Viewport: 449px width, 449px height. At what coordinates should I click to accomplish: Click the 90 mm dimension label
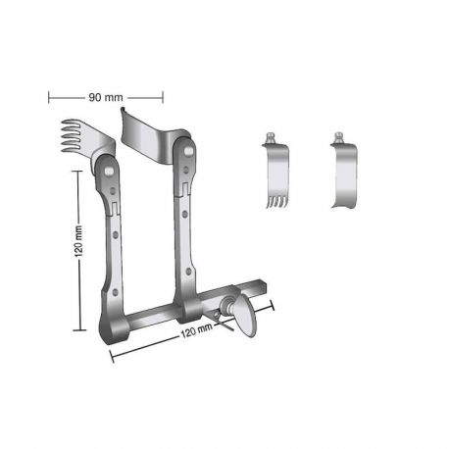[105, 97]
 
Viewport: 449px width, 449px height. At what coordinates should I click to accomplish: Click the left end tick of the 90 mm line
[49, 97]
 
